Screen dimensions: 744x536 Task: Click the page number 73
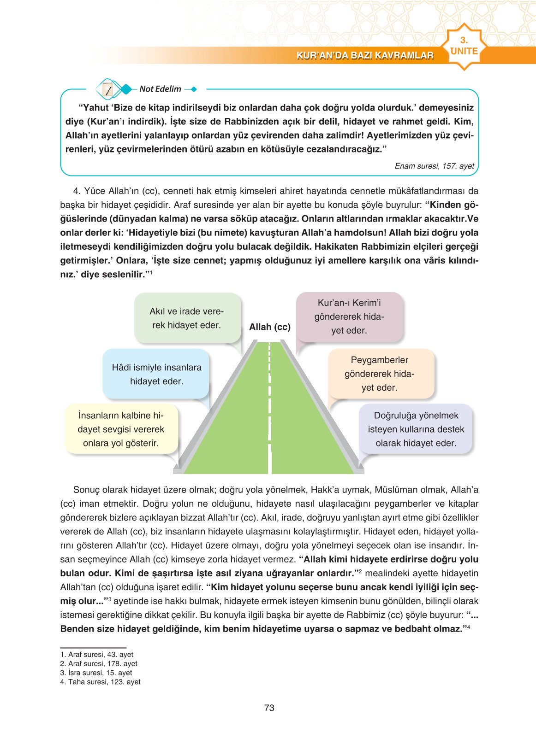[269, 708]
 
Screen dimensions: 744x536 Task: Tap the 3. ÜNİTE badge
[464, 47]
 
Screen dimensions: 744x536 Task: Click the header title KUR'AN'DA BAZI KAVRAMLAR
[365, 56]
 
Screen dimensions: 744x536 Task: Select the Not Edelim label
[160, 89]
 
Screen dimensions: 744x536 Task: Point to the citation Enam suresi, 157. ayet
[434, 166]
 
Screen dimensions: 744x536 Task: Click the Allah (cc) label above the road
[270, 327]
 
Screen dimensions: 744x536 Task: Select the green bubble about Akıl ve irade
[187, 318]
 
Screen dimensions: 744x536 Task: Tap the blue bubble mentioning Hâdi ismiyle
[156, 374]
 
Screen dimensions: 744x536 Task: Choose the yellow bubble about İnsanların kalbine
[121, 429]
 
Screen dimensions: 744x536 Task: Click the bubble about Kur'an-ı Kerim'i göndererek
[349, 316]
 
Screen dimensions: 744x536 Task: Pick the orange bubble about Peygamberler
[380, 374]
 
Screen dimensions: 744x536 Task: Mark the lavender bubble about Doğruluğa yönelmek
[416, 429]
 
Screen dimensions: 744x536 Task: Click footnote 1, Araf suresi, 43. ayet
[97, 654]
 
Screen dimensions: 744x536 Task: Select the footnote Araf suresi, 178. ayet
[99, 663]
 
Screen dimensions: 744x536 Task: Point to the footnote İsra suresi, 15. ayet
[96, 673]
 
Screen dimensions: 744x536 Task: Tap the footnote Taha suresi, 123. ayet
[101, 682]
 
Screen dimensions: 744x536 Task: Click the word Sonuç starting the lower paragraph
[86, 490]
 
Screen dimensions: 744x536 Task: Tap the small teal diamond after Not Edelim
[193, 89]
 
